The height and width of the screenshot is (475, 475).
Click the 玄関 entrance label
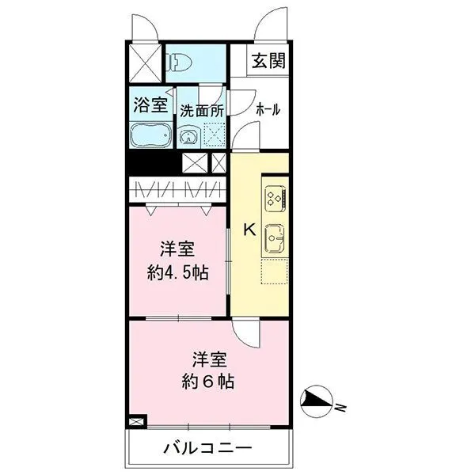[x=268, y=61]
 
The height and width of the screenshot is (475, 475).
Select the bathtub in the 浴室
[x=151, y=135]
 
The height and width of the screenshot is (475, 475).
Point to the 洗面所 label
[x=202, y=111]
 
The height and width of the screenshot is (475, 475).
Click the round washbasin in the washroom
[x=189, y=137]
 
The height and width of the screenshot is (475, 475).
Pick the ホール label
[x=268, y=109]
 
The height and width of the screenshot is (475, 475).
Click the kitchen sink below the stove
[x=275, y=239]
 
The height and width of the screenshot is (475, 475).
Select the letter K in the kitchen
[x=250, y=230]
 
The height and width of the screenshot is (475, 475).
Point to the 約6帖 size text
[x=207, y=382]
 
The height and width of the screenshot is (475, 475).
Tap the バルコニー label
[x=207, y=448]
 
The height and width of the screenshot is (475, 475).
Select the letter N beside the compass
[x=341, y=408]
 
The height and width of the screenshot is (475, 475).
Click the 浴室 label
[x=150, y=104]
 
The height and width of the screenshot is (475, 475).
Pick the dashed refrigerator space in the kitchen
[x=275, y=271]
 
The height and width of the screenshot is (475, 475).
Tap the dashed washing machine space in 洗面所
[x=215, y=135]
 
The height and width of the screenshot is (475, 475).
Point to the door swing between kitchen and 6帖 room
[x=245, y=333]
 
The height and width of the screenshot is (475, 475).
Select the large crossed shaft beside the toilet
[x=145, y=63]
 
